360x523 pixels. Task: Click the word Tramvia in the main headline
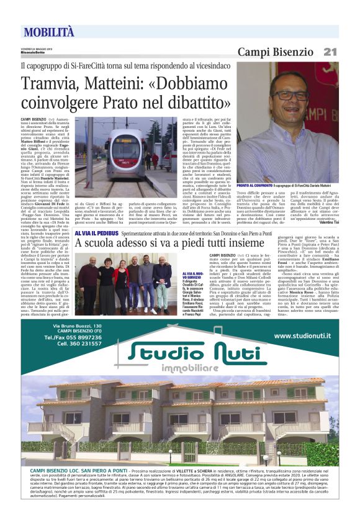[x=52, y=84]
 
